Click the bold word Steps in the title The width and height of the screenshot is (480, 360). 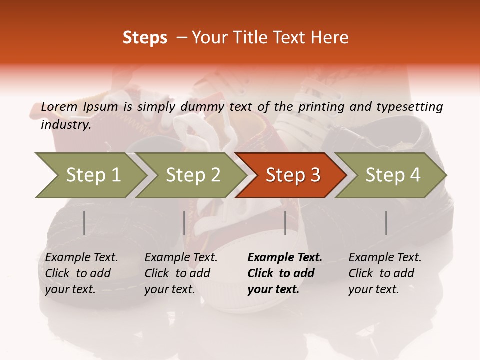pyautogui.click(x=145, y=38)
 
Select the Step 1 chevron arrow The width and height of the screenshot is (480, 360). pyautogui.click(x=90, y=175)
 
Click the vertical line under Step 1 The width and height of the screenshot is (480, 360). pyautogui.click(x=84, y=223)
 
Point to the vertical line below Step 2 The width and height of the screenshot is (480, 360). pyautogui.click(x=184, y=223)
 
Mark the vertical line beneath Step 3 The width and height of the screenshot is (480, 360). pyautogui.click(x=285, y=223)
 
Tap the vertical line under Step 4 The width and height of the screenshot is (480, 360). pyautogui.click(x=386, y=223)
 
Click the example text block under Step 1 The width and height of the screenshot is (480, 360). pyautogui.click(x=81, y=273)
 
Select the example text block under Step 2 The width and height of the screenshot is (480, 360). pyautogui.click(x=181, y=273)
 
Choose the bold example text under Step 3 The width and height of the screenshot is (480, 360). pyautogui.click(x=285, y=273)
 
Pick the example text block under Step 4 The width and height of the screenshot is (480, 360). pyautogui.click(x=385, y=273)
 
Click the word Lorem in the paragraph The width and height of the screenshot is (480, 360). pyautogui.click(x=59, y=107)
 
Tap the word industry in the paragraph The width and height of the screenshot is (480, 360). pyautogui.click(x=66, y=125)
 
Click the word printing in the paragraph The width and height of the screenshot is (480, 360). pyautogui.click(x=320, y=107)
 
